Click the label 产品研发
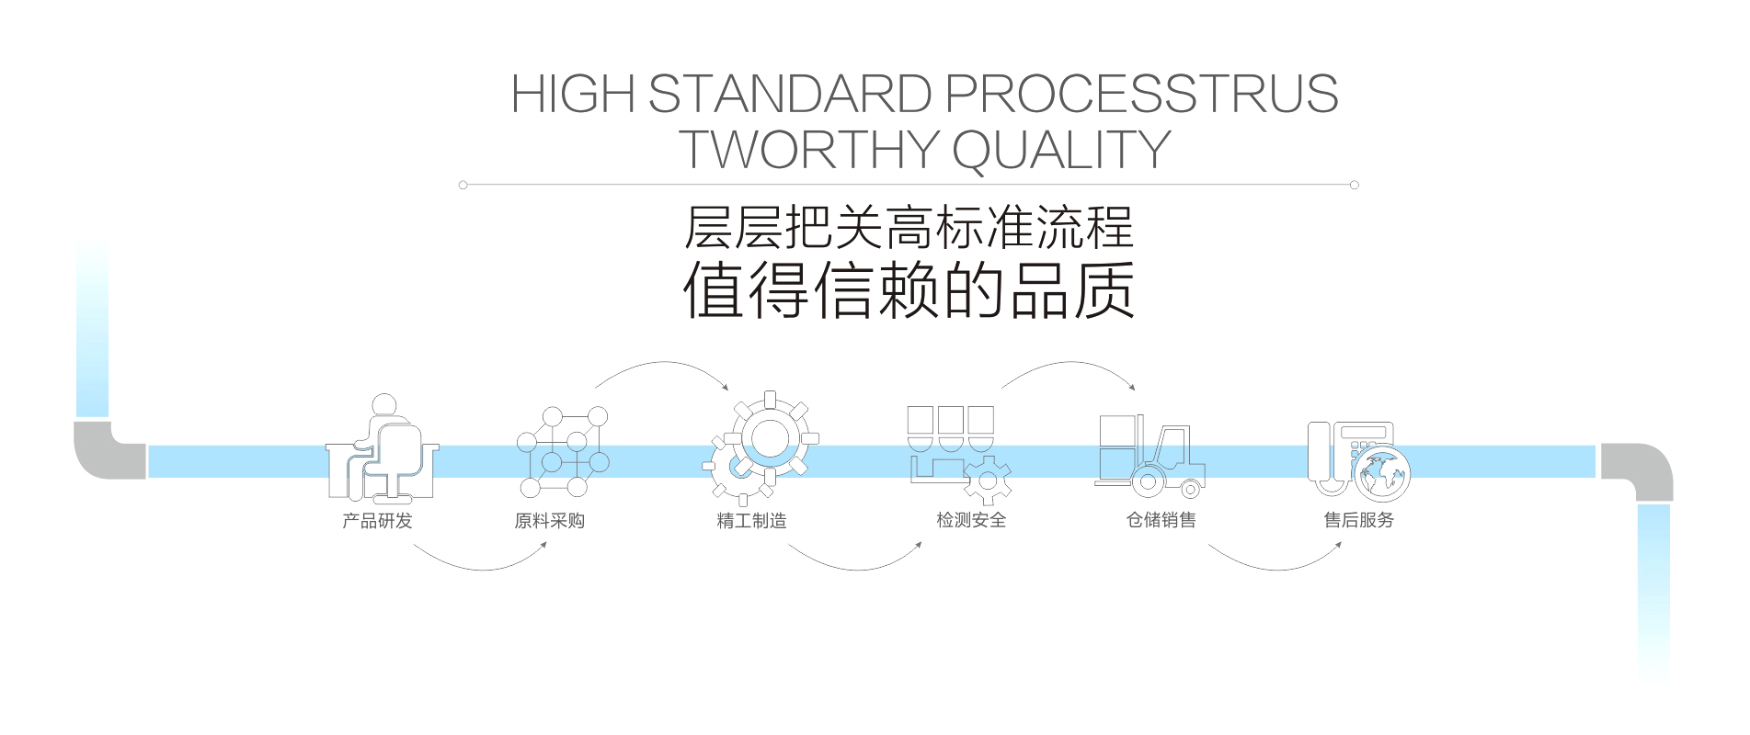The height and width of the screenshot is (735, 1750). [x=377, y=521]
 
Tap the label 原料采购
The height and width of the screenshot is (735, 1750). [x=549, y=521]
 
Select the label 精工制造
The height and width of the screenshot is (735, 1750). [x=751, y=521]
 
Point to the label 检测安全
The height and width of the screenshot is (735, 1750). [x=971, y=521]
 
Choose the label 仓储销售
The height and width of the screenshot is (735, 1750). [x=1161, y=521]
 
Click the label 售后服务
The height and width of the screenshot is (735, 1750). [x=1359, y=521]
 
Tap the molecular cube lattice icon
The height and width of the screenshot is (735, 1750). [x=562, y=452]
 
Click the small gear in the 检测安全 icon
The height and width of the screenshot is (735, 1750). [x=989, y=480]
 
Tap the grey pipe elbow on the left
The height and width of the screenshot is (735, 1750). [x=109, y=450]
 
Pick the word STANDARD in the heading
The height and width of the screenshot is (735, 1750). [x=787, y=94]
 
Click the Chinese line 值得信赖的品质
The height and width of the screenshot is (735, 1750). [x=909, y=291]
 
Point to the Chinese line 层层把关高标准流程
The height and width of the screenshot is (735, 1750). [x=909, y=227]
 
